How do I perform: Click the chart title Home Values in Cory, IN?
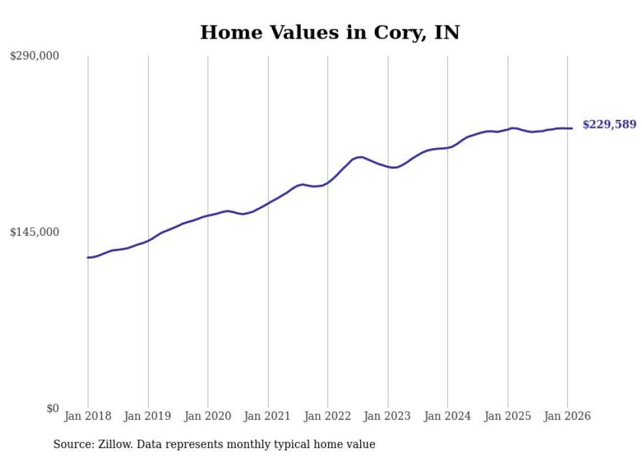(x=330, y=32)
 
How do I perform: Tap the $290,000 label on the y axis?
(x=35, y=56)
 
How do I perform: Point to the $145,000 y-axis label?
(x=35, y=232)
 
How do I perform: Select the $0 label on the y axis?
(x=52, y=408)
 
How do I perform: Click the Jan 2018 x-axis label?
(x=88, y=416)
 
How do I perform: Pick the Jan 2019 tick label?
(x=147, y=416)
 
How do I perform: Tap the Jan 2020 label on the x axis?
(x=208, y=416)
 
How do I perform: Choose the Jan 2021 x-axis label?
(x=267, y=416)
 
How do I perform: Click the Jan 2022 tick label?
(x=328, y=416)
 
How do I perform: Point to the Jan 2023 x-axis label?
(x=387, y=416)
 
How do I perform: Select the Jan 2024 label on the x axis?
(x=447, y=416)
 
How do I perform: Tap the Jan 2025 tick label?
(x=507, y=416)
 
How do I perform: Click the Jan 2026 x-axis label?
(x=567, y=416)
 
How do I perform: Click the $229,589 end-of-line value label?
(x=609, y=124)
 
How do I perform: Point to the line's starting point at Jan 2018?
(x=88, y=258)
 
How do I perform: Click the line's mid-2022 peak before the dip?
(x=361, y=157)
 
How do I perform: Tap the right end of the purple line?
(x=572, y=128)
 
